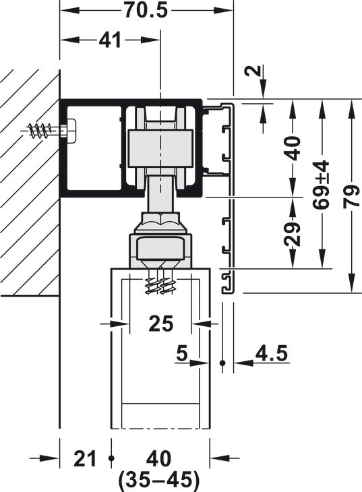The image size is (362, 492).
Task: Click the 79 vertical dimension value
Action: point(352,195)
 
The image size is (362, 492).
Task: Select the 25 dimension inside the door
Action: point(160,324)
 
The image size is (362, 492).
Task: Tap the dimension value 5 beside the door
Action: point(181,352)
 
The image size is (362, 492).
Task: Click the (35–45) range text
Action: point(159,480)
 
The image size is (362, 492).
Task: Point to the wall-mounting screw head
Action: point(69,129)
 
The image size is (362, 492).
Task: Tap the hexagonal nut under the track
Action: point(160,221)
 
